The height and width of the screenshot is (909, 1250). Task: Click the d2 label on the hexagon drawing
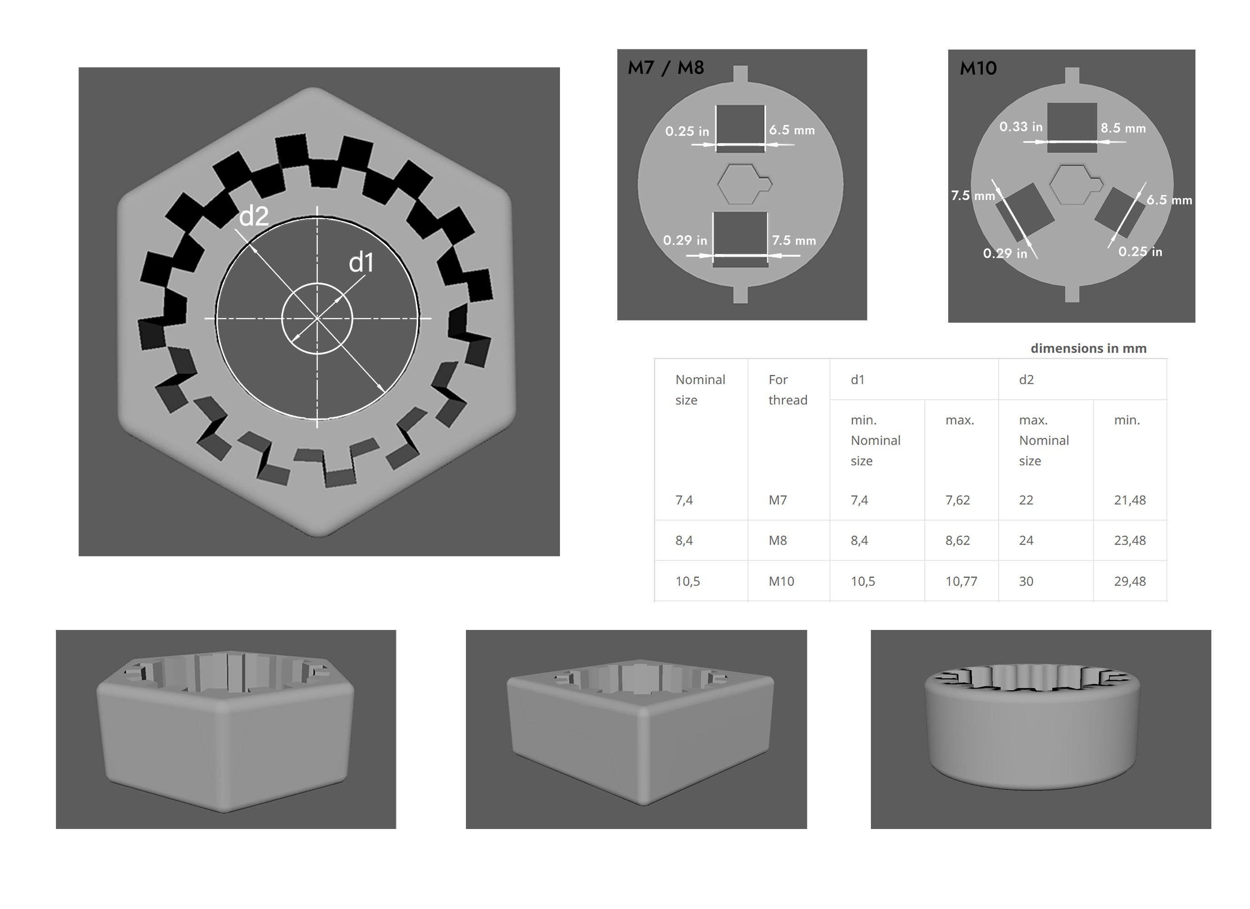click(254, 216)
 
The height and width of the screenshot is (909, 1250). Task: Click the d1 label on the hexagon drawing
click(361, 262)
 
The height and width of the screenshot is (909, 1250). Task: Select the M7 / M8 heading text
click(666, 68)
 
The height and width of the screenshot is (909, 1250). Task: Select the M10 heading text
click(978, 68)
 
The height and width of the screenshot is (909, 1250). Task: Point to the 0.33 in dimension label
click(1021, 127)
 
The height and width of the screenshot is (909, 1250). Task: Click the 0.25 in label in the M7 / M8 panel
click(687, 131)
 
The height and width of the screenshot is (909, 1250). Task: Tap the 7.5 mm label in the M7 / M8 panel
click(793, 240)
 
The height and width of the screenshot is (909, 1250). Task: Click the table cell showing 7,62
click(957, 500)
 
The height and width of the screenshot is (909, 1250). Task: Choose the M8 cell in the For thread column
click(777, 540)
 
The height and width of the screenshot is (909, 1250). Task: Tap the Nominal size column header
click(700, 389)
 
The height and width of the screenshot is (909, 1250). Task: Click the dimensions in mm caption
click(1088, 349)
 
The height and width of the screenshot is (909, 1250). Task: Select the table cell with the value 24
click(1026, 540)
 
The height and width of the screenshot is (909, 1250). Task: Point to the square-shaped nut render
click(640, 733)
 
